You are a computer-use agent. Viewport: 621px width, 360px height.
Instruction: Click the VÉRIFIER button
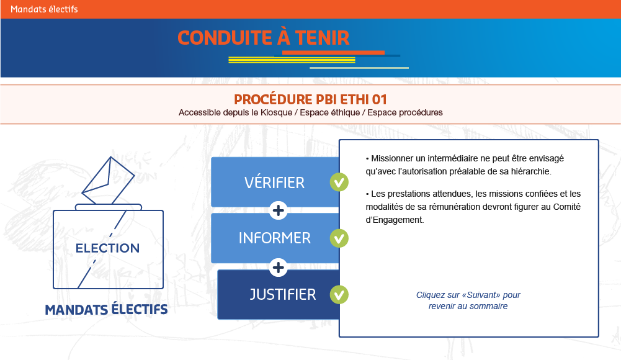tap(275, 182)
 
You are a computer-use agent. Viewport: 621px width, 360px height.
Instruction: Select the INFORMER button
tap(275, 238)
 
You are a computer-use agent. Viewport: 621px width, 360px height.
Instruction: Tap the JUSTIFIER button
tap(279, 294)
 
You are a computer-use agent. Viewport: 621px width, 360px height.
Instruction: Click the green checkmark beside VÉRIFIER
tap(339, 182)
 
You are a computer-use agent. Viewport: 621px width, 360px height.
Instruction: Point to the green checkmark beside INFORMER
tap(339, 238)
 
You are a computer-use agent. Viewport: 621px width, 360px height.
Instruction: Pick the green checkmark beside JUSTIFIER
tap(339, 295)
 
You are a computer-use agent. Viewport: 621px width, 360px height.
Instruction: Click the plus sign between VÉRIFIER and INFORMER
tap(278, 210)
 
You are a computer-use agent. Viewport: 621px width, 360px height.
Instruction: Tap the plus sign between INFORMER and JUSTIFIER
tap(278, 268)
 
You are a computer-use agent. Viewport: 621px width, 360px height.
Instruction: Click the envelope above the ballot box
tap(108, 181)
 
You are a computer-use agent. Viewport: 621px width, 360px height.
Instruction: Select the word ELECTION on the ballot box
tap(108, 248)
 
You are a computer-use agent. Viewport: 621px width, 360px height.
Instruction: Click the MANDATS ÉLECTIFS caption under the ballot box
tap(106, 309)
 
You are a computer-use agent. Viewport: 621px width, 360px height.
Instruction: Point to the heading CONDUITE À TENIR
tap(264, 38)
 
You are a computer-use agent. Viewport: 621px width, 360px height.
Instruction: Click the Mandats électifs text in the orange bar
tap(44, 9)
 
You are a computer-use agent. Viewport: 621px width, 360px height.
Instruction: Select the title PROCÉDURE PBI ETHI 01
tap(310, 99)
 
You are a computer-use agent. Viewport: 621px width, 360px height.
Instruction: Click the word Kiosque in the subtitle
tap(276, 112)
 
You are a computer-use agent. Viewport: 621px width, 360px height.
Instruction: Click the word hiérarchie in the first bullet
tap(530, 171)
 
